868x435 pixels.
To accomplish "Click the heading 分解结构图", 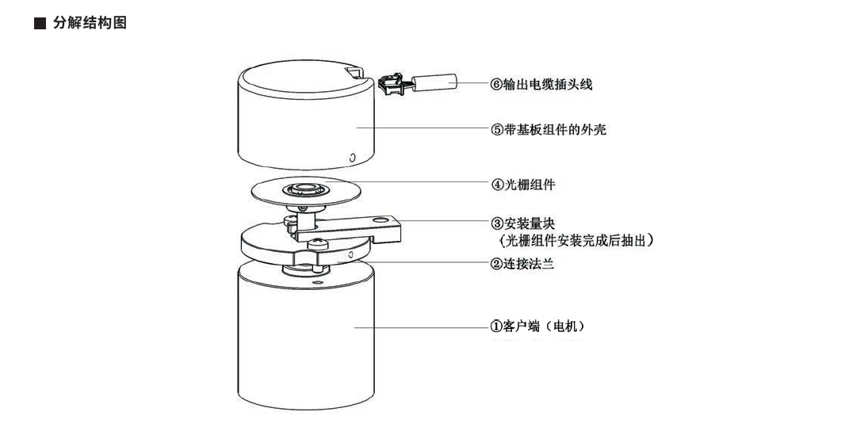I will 90,24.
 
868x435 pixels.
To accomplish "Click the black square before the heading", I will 40,24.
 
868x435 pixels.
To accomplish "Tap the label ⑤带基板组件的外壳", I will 548,129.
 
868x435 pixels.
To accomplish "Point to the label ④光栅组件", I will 522,185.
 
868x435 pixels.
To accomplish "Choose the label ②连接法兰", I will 522,264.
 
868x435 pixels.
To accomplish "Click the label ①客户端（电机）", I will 538,326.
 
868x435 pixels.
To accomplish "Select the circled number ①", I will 496,326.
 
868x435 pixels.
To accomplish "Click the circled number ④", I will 496,185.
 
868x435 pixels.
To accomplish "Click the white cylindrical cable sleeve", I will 434,82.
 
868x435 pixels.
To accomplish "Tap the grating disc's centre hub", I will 304,189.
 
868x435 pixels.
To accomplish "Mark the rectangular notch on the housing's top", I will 354,74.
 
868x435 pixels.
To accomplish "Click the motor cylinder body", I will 305,341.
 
